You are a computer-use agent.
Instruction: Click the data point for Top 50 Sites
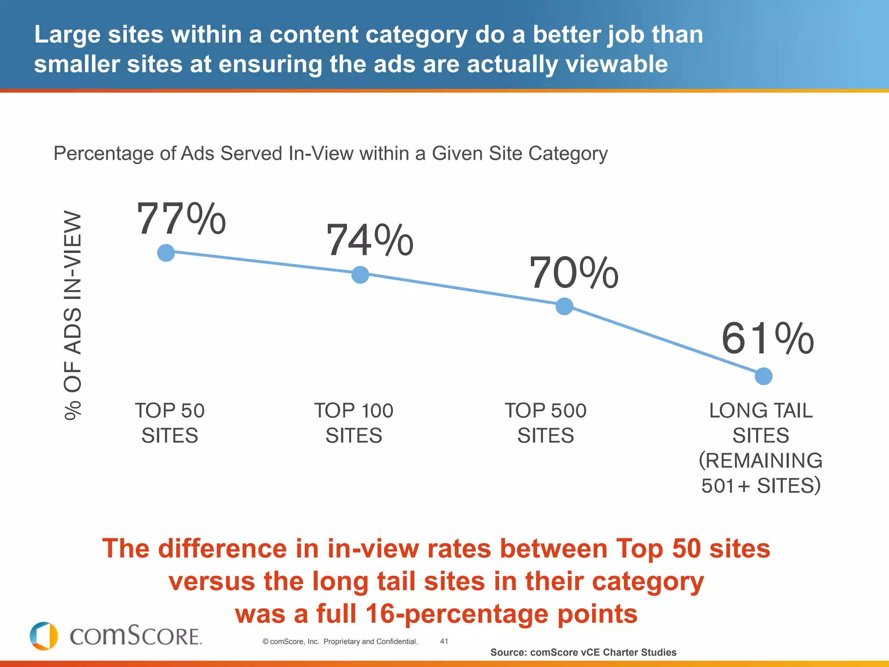click(166, 253)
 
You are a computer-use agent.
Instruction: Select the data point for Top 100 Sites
click(360, 274)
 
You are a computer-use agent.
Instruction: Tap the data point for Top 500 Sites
click(564, 306)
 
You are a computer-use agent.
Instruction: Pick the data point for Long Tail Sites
click(764, 376)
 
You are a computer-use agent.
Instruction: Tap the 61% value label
click(767, 339)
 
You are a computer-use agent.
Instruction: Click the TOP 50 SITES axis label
click(170, 423)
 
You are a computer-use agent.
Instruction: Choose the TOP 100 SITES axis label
click(354, 423)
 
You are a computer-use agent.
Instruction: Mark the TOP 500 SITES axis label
click(546, 423)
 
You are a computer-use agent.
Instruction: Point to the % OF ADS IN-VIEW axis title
click(72, 315)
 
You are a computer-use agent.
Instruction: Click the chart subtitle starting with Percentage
click(330, 153)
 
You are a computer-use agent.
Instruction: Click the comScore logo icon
click(44, 636)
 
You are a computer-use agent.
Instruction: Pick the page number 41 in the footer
click(444, 641)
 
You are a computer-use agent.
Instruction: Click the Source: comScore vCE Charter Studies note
click(583, 652)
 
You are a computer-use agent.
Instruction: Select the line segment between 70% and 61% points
click(664, 341)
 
